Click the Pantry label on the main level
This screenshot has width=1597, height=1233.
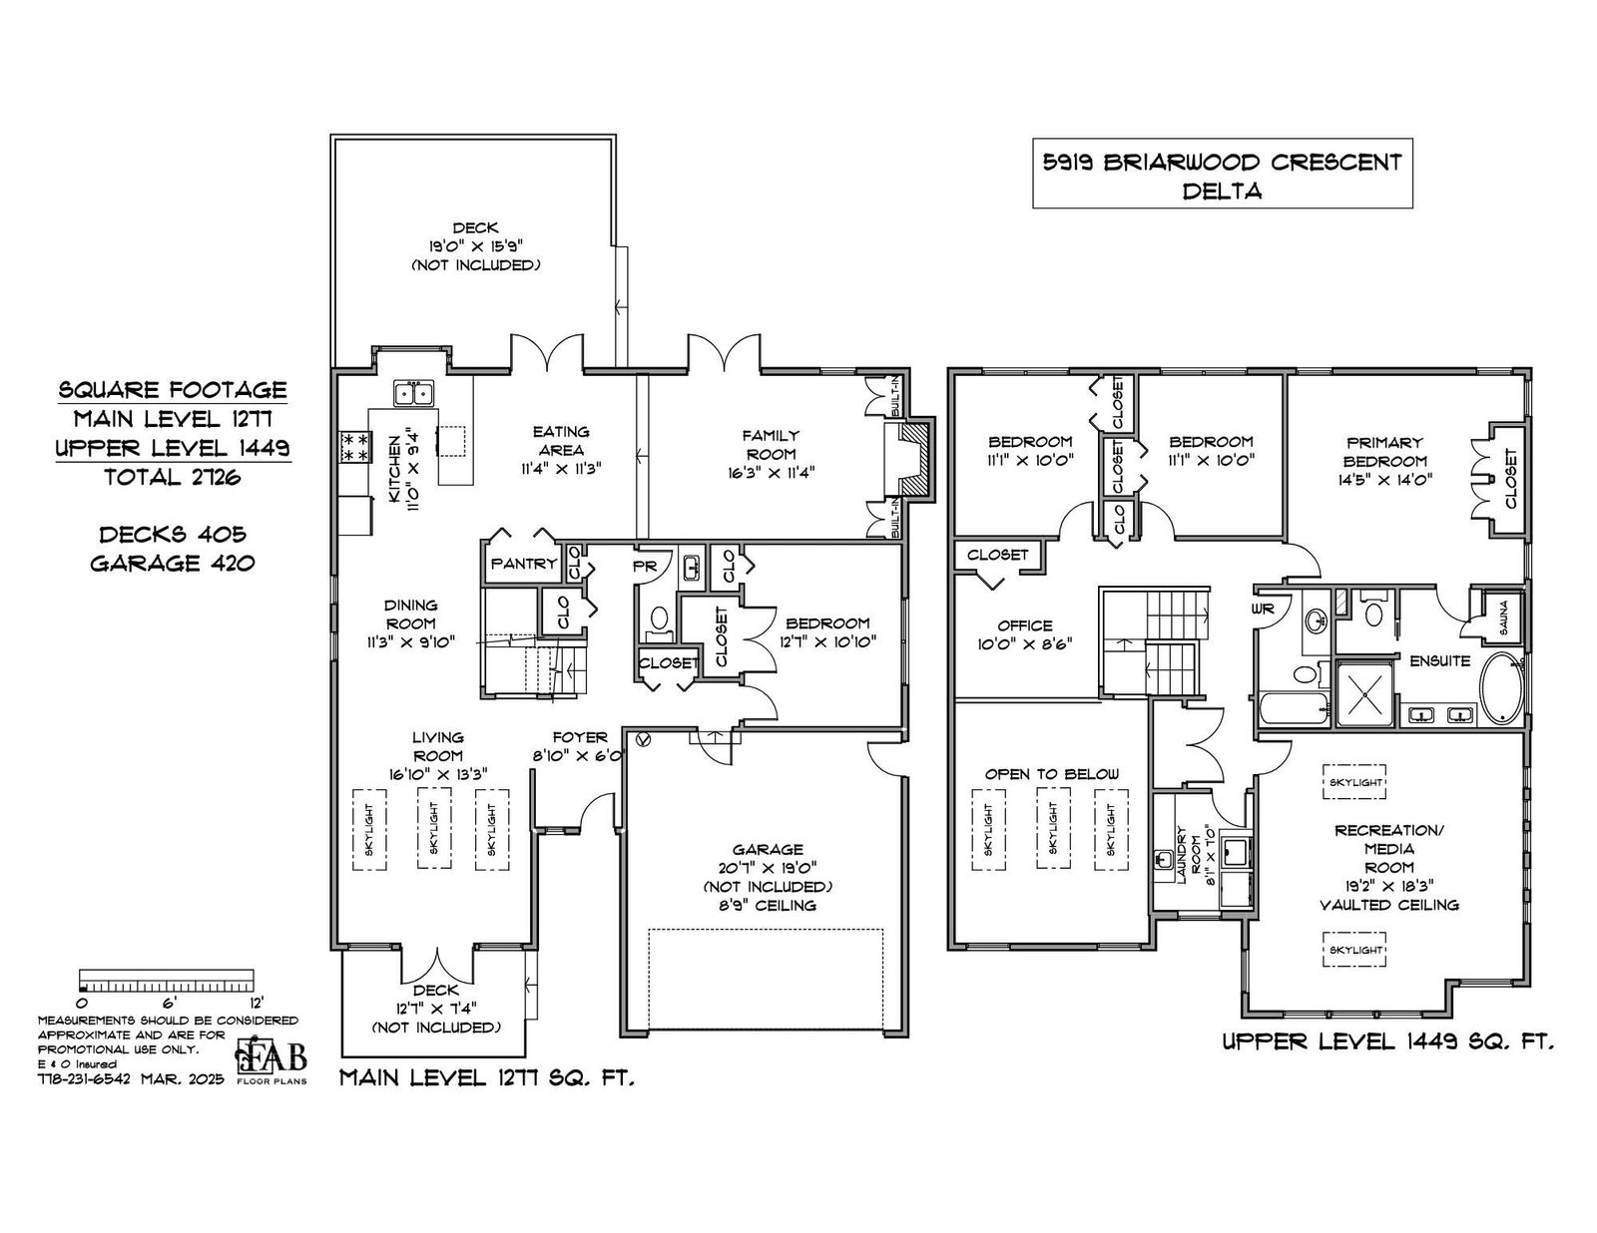tap(523, 564)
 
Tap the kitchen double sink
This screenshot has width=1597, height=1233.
tap(414, 394)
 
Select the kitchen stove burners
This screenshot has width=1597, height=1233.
tap(353, 447)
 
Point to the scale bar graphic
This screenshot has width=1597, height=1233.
tap(168, 980)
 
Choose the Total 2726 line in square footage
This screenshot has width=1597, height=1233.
tap(173, 477)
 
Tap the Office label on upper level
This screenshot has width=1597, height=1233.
tap(1024, 625)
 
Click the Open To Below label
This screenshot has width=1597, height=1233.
tap(1052, 774)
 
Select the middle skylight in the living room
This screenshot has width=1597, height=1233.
tap(433, 830)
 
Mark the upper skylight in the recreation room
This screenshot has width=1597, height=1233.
tap(1355, 783)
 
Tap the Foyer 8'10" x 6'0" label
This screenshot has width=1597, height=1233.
tap(580, 745)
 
